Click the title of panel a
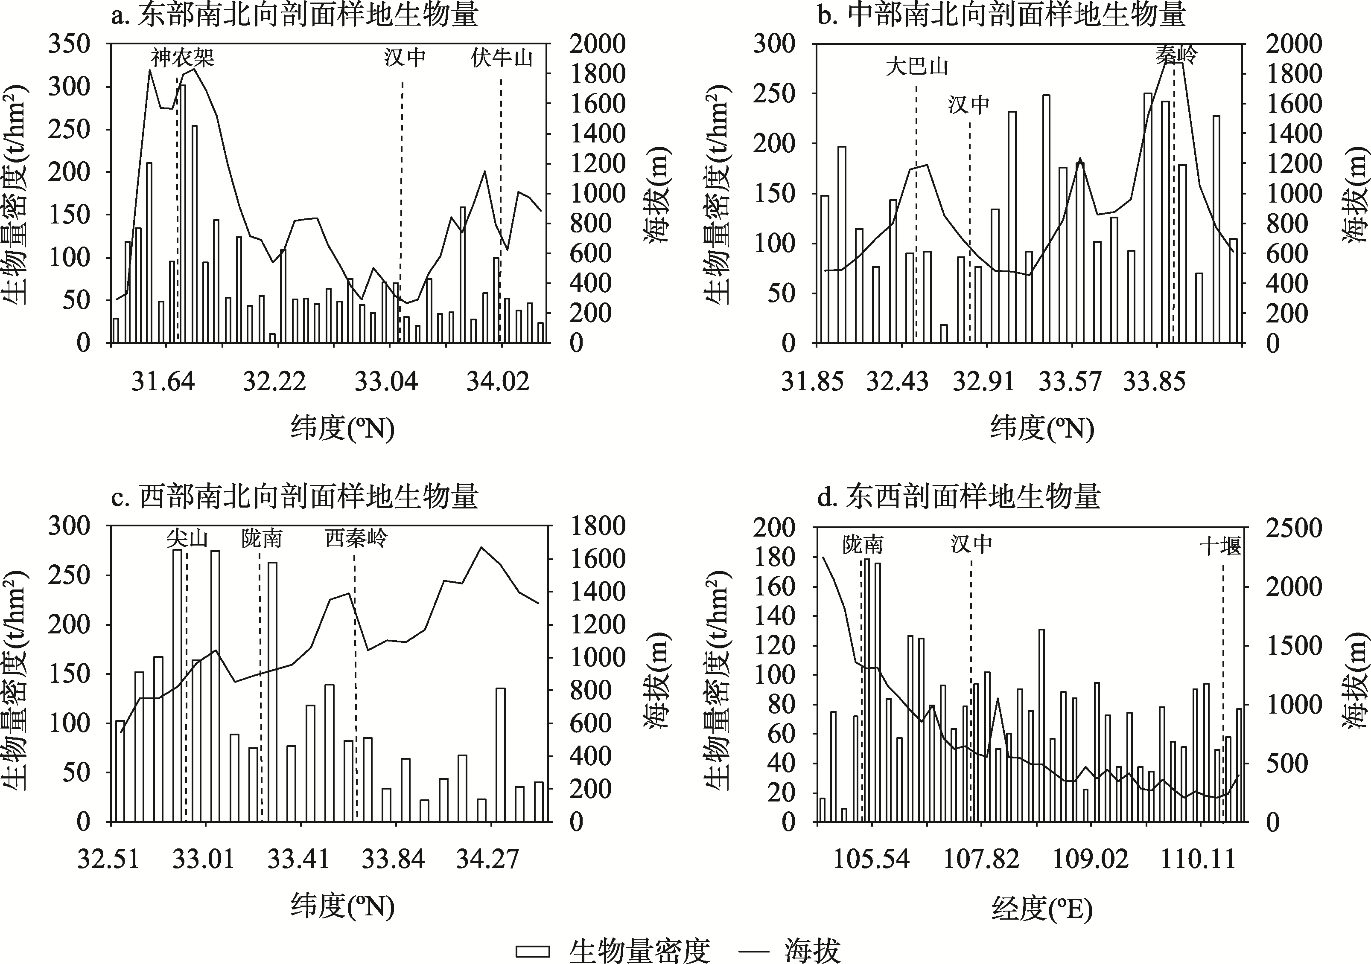click(295, 15)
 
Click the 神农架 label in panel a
click(182, 58)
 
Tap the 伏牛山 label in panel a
click(501, 58)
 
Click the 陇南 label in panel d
click(863, 545)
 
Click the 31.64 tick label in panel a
click(163, 381)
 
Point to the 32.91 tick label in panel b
click(983, 381)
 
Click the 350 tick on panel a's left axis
click(69, 44)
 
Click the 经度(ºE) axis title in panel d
click(1042, 909)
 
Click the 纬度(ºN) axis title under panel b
click(1042, 429)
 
